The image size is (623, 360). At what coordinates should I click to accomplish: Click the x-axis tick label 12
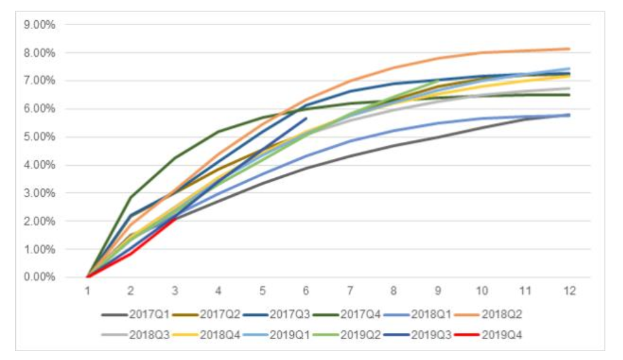[x=569, y=291]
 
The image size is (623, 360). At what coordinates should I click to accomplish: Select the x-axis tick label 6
[x=306, y=291]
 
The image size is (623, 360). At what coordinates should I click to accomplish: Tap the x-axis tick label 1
[x=87, y=291]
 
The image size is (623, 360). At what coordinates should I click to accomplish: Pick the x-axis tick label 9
[x=438, y=291]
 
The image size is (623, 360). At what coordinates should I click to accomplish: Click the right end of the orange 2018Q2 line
[x=569, y=49]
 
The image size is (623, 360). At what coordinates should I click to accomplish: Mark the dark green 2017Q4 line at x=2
[x=131, y=197]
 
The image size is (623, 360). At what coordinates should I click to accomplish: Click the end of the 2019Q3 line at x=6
[x=306, y=118]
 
